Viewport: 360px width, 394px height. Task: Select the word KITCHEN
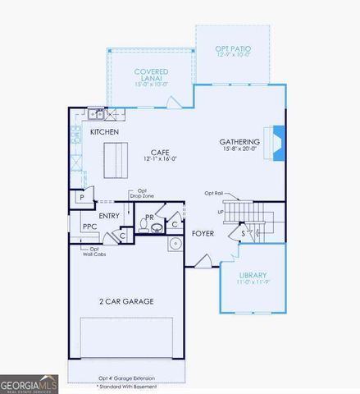[104, 131]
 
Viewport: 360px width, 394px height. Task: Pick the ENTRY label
[109, 216]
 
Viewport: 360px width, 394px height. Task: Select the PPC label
[90, 227]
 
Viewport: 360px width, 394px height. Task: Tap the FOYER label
[203, 233]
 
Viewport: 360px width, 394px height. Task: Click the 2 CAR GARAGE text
[126, 301]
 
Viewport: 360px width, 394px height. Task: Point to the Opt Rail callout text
[215, 194]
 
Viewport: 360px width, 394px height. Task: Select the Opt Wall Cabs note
[93, 251]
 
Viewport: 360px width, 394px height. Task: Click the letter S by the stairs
[243, 233]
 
